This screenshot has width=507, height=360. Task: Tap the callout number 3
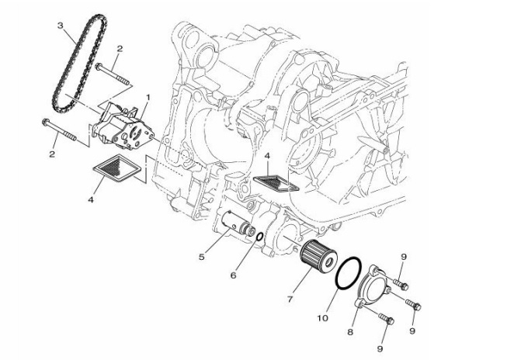[x=60, y=26]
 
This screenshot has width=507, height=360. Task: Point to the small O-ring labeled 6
[x=259, y=237]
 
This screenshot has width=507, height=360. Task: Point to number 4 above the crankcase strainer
[x=266, y=157]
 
